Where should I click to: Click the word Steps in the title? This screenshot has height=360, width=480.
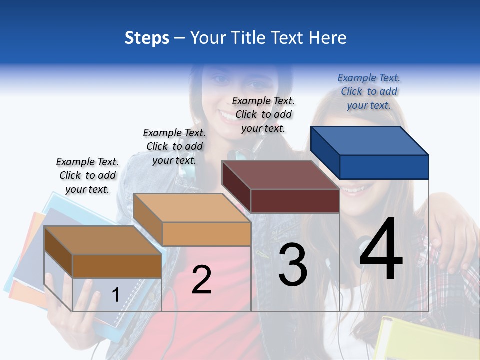click(147, 38)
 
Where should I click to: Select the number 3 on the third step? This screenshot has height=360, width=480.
click(293, 265)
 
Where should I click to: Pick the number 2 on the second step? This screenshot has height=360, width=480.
click(202, 280)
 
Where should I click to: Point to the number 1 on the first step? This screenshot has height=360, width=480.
click(115, 295)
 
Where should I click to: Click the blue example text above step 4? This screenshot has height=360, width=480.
click(369, 92)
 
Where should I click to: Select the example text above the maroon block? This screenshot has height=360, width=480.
click(263, 114)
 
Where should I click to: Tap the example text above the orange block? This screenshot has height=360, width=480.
click(174, 146)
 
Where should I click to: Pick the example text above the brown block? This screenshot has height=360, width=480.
click(87, 175)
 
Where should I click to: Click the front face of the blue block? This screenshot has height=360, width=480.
click(384, 167)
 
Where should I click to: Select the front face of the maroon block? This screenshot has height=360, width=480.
click(295, 201)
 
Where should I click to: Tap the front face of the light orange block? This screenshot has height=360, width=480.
click(206, 234)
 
